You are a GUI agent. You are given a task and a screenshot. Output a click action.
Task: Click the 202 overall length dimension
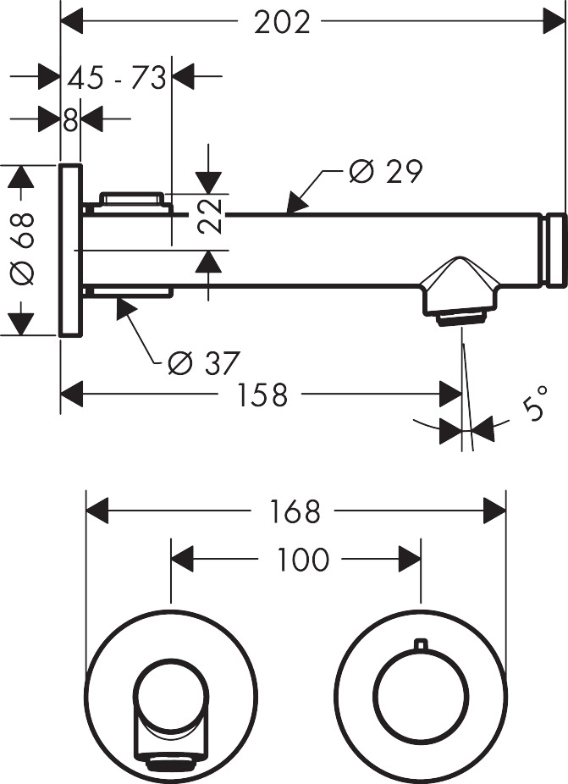coord(282,22)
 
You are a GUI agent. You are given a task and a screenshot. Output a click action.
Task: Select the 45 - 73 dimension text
coord(116,79)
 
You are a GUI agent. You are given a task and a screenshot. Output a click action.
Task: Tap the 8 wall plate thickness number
coord(70,120)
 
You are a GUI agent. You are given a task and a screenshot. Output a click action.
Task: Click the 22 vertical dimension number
coord(211,215)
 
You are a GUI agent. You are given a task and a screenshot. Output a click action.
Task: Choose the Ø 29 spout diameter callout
coord(385,172)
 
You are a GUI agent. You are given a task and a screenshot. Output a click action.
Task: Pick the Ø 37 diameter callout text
coord(203,363)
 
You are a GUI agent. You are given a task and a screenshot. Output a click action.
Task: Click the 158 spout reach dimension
coord(262,395)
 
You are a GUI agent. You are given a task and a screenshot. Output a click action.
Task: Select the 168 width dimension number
coord(295,511)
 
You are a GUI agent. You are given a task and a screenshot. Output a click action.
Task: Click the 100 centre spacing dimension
coord(301,560)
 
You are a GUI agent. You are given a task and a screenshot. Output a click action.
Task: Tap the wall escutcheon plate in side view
coord(70,250)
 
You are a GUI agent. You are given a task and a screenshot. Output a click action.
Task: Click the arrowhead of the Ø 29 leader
coord(294,207)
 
